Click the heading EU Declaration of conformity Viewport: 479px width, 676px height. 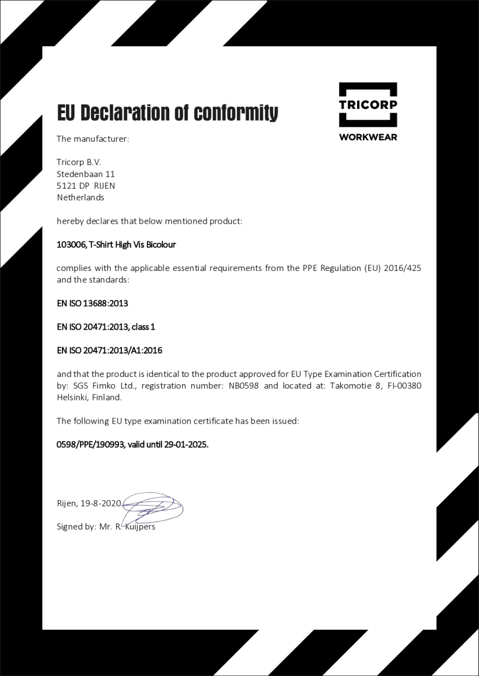point(168,113)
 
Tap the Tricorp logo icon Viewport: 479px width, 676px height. point(368,105)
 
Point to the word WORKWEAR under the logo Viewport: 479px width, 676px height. point(368,137)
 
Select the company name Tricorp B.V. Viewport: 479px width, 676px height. point(79,162)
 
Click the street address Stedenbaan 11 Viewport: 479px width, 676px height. point(86,174)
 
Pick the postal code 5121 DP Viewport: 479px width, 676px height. point(71,186)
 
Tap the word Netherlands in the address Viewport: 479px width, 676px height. point(81,198)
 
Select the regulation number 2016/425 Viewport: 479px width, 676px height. point(402,268)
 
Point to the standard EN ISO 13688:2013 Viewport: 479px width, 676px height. point(93,303)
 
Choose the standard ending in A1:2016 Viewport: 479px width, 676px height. point(109,350)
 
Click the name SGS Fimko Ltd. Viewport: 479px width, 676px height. point(99,386)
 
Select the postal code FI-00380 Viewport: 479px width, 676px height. point(403,386)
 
